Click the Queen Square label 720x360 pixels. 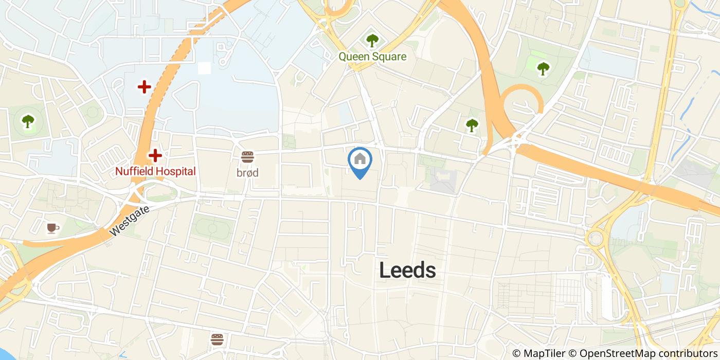coord(372,57)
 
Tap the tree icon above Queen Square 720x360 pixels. coord(372,40)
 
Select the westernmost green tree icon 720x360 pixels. coord(28,121)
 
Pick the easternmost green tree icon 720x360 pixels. coord(543,68)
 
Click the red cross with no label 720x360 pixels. coord(144,86)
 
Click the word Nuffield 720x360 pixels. coord(134,171)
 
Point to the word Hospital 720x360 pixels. coord(175,171)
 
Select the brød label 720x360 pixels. coord(247,173)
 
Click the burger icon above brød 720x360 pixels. coord(247,156)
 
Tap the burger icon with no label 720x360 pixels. coord(217,339)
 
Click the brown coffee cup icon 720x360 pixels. coord(51,228)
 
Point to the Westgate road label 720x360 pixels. coord(130,221)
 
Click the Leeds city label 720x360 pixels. coord(407,270)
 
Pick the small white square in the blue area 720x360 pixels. coord(204,68)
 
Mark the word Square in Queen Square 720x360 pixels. coord(389,57)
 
